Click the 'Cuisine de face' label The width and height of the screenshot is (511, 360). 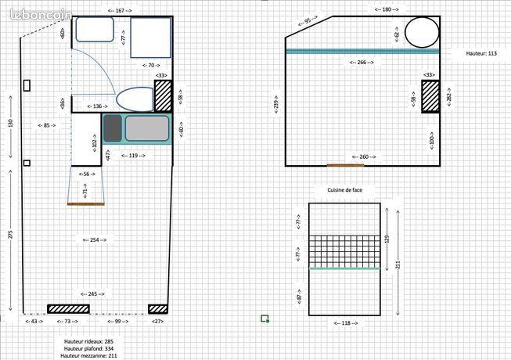[x=345, y=189]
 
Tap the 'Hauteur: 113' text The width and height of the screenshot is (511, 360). [x=480, y=53]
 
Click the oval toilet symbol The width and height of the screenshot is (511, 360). [x=135, y=99]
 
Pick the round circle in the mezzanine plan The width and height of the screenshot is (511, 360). [x=421, y=34]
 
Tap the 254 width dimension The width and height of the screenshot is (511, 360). [x=96, y=239]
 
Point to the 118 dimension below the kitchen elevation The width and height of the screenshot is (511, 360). [x=344, y=322]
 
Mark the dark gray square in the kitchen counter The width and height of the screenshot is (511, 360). [x=113, y=127]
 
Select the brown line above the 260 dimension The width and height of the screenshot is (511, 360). [x=345, y=165]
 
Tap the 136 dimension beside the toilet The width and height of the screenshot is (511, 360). [x=98, y=106]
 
